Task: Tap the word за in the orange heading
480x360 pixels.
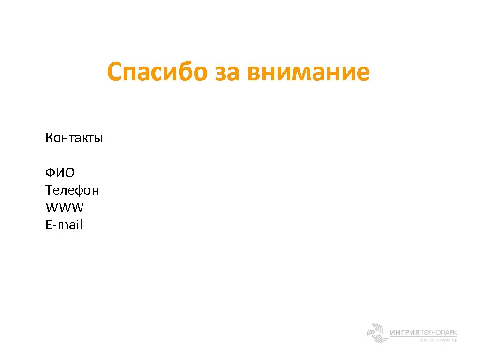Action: pos(227,73)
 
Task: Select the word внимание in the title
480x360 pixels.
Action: pos(309,73)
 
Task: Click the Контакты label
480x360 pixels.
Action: pos(74,138)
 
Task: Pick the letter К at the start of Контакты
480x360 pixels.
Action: pos(49,138)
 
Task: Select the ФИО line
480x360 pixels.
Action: pos(60,173)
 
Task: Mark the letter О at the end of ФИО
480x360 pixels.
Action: pos(69,173)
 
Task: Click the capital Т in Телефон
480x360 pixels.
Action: pos(49,190)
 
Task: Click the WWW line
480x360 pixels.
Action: pos(65,208)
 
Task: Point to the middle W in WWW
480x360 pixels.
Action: pos(65,208)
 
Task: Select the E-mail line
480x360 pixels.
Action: pos(64,225)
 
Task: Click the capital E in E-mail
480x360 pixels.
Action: pos(49,225)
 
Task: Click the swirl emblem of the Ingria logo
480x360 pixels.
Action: pos(376,333)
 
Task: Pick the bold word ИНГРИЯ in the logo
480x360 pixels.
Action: pos(405,332)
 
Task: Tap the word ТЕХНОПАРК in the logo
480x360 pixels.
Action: pos(439,332)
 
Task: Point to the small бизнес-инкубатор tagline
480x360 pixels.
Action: pos(438,340)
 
